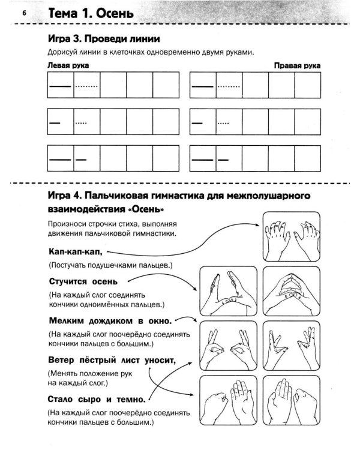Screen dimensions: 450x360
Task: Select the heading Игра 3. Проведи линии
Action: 103,39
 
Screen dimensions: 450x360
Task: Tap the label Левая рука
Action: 64,65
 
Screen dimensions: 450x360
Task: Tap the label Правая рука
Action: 297,65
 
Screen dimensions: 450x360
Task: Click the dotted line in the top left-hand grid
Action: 87,86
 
